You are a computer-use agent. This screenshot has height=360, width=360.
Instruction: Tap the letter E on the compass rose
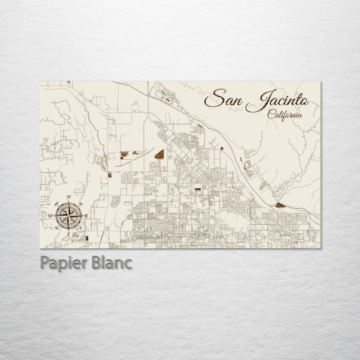86,216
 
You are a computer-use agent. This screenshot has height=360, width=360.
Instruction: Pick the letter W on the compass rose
50,216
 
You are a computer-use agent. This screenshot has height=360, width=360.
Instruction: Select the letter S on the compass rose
68,233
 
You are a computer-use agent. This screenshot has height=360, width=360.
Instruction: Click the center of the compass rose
68,216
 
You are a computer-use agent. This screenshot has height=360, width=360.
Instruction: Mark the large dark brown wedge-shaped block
159,155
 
